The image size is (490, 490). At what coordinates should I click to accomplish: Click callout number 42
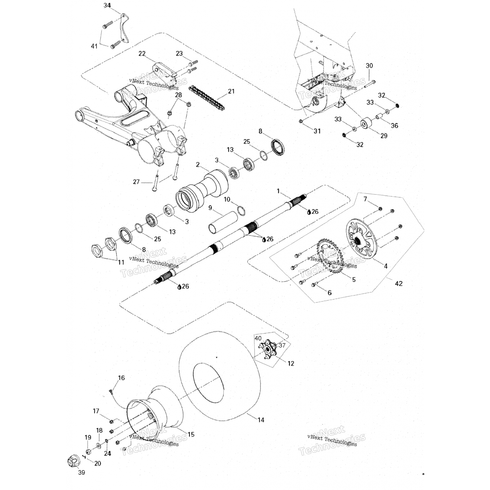click(x=399, y=284)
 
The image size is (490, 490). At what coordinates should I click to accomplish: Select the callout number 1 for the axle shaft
click(x=278, y=191)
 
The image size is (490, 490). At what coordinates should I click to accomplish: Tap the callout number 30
click(x=369, y=66)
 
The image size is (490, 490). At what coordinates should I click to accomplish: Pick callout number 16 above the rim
click(x=121, y=378)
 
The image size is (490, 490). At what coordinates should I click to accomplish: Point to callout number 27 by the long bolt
click(x=136, y=182)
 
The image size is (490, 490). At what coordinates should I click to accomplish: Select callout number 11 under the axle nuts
click(x=121, y=262)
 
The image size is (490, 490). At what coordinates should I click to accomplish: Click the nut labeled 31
click(x=301, y=121)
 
